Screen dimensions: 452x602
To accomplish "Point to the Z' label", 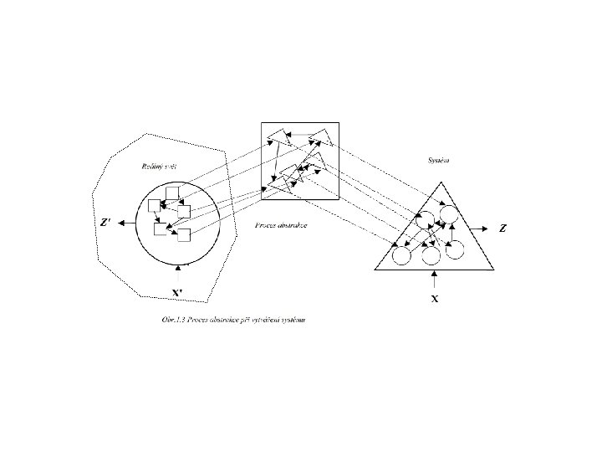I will [105, 223].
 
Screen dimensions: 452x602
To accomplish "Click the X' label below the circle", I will [178, 293].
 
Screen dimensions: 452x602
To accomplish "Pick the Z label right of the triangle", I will [502, 228].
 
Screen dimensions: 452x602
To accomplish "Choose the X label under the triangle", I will [434, 297].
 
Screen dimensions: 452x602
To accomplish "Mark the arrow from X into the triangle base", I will [434, 279].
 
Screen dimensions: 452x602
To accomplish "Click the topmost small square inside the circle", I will [173, 194].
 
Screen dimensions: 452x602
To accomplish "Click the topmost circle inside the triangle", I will [450, 213].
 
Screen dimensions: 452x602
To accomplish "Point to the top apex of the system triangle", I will [435, 181].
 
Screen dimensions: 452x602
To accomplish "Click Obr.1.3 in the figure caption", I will [176, 321].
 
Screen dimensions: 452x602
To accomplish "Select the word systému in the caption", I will [290, 321].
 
